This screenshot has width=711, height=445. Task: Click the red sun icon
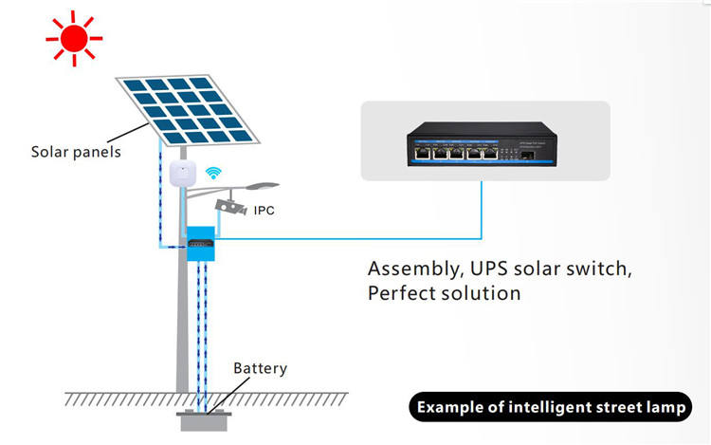(x=75, y=38)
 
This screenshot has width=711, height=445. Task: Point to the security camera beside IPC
(x=230, y=206)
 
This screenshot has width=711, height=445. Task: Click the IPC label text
(x=264, y=210)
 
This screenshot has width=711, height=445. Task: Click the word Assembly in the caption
(x=410, y=268)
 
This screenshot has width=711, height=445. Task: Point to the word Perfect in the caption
(x=402, y=292)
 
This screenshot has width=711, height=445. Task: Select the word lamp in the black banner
(x=670, y=408)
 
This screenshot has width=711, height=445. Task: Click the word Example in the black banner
(x=450, y=408)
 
